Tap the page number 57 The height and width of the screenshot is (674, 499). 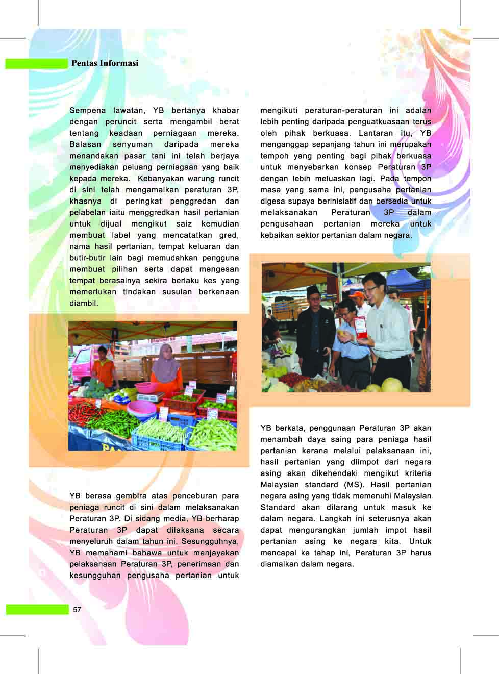77,610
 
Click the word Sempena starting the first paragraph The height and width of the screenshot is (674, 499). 88,110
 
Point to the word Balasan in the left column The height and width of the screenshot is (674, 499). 85,144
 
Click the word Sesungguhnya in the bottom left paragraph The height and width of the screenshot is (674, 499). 210,541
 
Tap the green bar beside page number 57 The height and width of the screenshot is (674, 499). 37,610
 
